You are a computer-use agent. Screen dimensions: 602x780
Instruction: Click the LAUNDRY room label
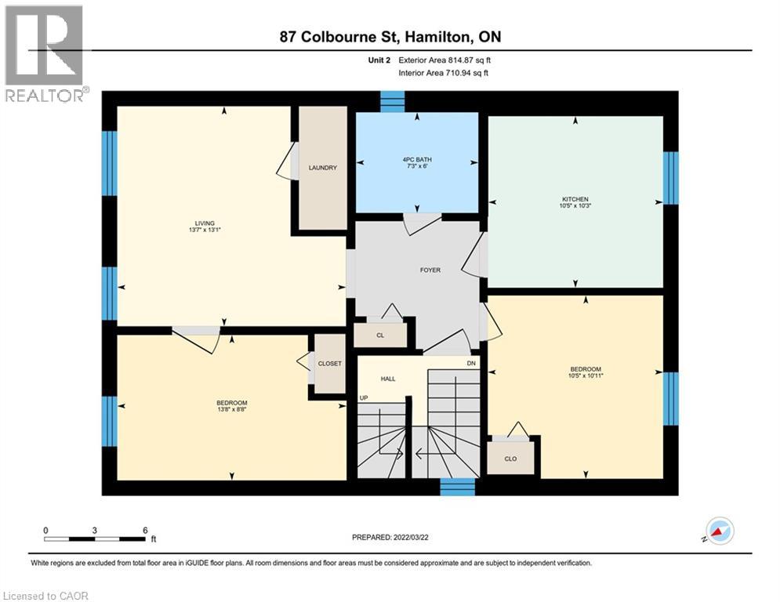[x=323, y=168]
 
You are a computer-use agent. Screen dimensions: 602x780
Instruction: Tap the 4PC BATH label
[x=417, y=160]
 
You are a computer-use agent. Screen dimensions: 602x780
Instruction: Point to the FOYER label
[x=430, y=270]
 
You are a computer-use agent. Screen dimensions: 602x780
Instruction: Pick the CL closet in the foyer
[x=380, y=335]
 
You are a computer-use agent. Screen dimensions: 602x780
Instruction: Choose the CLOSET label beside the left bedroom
[x=329, y=364]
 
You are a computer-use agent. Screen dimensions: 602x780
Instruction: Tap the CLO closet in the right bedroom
[x=510, y=459]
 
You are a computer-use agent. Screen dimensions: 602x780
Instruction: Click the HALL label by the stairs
[x=388, y=379]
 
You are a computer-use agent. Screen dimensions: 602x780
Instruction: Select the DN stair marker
[x=471, y=363]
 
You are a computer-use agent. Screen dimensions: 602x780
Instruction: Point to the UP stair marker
[x=364, y=398]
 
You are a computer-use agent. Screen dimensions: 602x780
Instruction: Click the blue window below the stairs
[x=457, y=487]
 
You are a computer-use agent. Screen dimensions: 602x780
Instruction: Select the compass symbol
[x=719, y=531]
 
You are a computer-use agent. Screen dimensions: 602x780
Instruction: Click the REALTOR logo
[x=45, y=53]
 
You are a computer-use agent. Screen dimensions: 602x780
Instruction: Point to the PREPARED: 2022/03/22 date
[x=390, y=537]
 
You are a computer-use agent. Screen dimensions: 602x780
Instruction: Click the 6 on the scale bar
[x=145, y=530]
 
